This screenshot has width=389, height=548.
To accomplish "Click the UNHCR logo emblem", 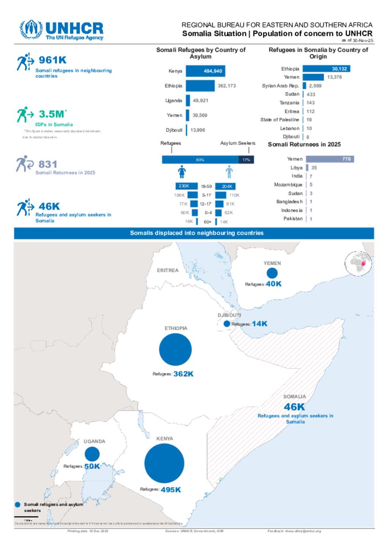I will click(31, 29).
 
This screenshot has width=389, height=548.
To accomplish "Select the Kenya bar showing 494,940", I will click(206, 71).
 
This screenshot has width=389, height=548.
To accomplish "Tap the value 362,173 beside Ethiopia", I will click(227, 86).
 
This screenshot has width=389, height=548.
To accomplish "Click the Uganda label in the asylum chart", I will click(174, 101).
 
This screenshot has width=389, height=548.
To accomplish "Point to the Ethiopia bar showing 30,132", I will click(326, 69).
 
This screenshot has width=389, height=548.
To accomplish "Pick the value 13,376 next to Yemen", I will click(334, 77).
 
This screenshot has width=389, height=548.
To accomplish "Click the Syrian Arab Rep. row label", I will click(280, 86).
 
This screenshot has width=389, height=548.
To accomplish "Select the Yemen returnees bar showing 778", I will click(330, 159).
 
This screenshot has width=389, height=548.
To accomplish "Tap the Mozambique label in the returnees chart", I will click(288, 185).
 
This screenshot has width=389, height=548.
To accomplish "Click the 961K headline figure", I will click(53, 60).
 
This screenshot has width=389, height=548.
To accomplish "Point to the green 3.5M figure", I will click(52, 114).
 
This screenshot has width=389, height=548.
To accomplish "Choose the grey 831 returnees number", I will click(48, 165).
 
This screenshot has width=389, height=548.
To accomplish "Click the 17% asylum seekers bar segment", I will click(246, 160).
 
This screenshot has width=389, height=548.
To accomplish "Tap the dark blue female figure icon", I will click(182, 172).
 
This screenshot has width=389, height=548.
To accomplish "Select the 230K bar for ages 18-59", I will click(186, 186).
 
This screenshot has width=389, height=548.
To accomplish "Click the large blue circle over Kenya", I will click(164, 463).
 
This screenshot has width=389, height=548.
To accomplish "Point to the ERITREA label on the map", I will click(168, 271).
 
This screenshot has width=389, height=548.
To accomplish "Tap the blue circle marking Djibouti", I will click(227, 324).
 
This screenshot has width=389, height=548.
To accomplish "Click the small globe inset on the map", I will click(358, 263).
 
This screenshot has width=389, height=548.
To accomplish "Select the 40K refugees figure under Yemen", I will click(274, 284).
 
